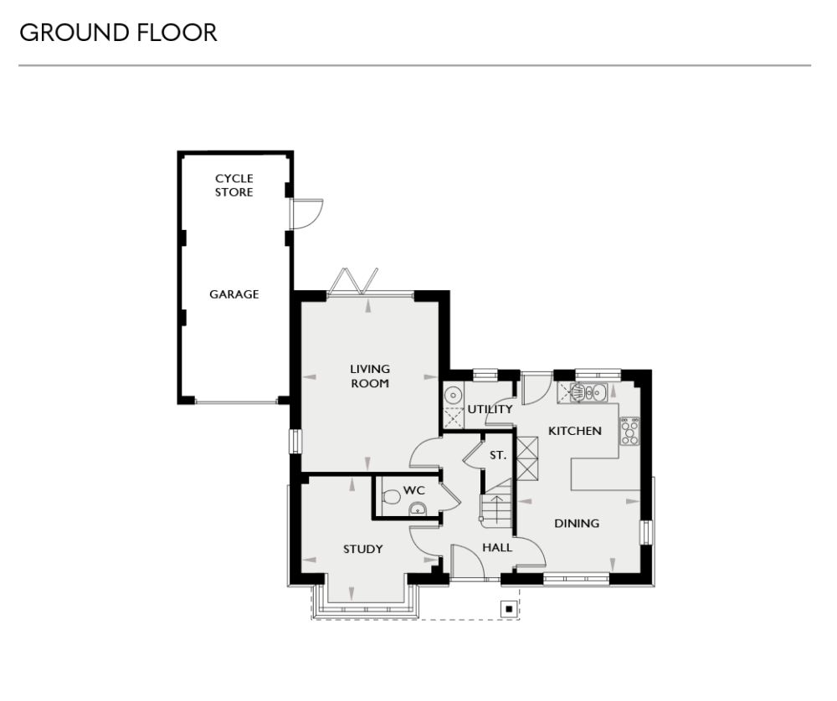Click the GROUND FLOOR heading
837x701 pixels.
(x=117, y=33)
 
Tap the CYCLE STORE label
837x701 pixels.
(x=234, y=185)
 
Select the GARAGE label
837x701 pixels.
(x=234, y=294)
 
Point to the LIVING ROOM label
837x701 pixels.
(x=370, y=376)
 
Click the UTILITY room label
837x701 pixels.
(x=490, y=409)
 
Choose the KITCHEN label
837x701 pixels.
(x=574, y=431)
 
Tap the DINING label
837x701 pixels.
(x=578, y=524)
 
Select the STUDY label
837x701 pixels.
(x=362, y=550)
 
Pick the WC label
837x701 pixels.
(x=413, y=489)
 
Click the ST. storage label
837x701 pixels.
(x=497, y=456)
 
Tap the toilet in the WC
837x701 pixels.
(x=391, y=497)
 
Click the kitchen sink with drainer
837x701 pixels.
(x=588, y=391)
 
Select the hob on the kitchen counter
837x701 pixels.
(x=629, y=431)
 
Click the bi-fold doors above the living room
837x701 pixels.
(x=353, y=280)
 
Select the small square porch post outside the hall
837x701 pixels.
(x=506, y=608)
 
